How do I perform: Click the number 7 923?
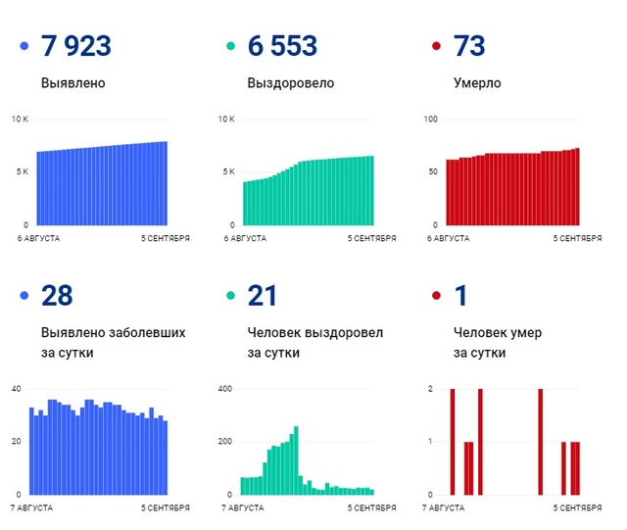(75, 46)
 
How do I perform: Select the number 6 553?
(283, 46)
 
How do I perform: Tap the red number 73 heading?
(469, 46)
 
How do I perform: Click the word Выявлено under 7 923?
(73, 83)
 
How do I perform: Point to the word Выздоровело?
(290, 83)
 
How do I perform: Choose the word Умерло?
(477, 83)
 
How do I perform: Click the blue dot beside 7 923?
(23, 47)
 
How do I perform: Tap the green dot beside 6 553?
(229, 47)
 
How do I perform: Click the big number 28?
(57, 295)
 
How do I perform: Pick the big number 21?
(262, 295)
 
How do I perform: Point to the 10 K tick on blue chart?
(21, 120)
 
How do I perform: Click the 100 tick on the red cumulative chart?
(430, 120)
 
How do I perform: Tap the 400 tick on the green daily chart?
(224, 389)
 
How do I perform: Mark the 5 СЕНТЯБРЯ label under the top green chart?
(370, 238)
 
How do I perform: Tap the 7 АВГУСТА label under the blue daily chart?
(33, 507)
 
